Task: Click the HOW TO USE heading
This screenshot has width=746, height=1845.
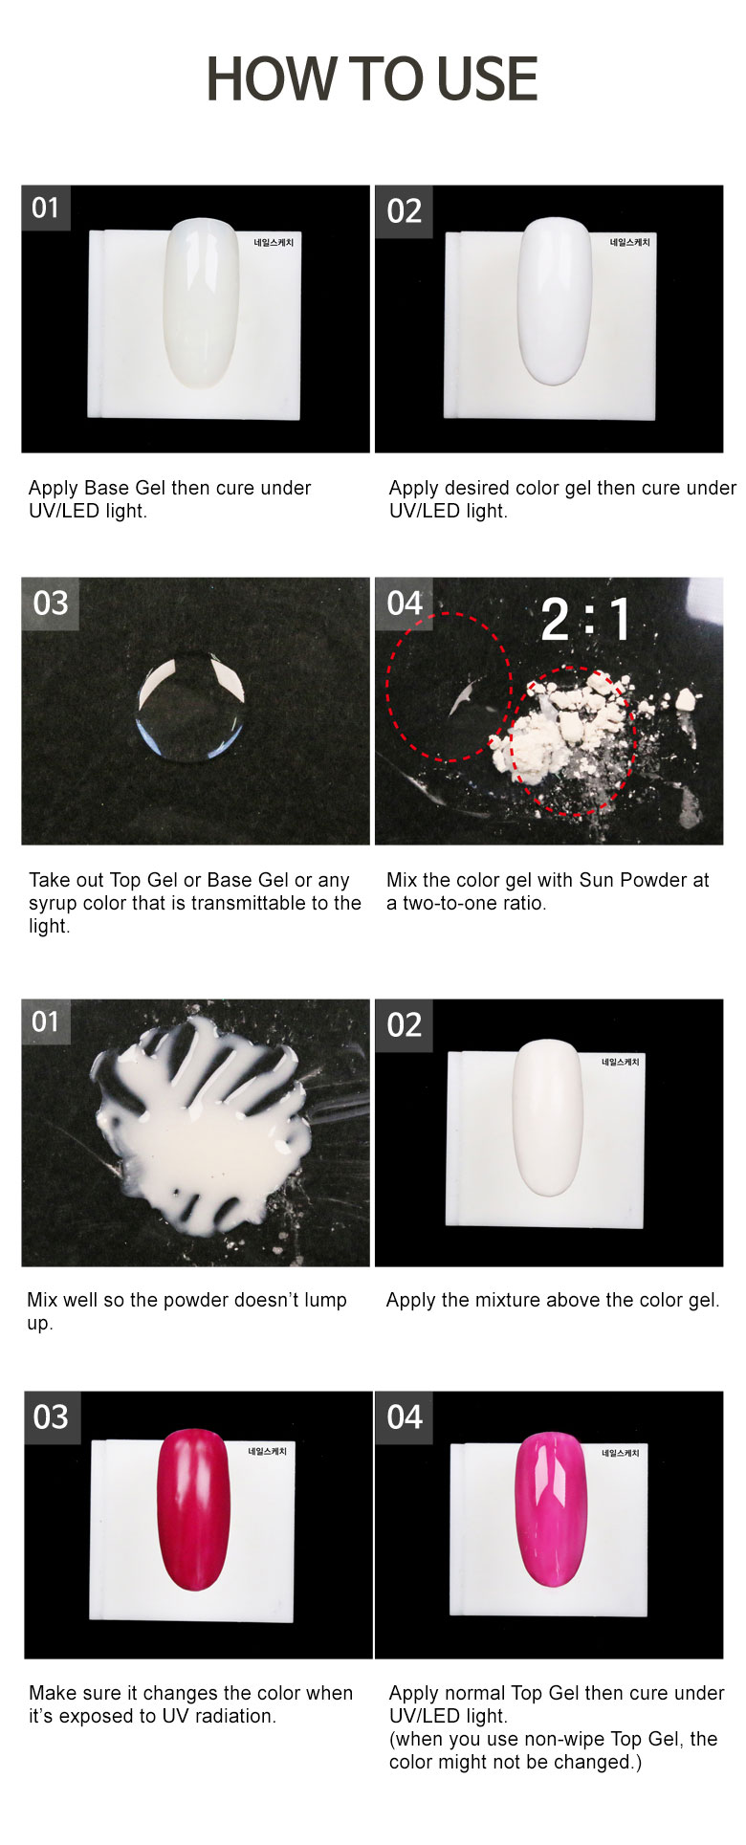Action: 372,79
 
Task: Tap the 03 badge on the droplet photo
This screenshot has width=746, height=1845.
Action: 51,604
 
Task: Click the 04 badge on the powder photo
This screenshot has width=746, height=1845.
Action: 405,604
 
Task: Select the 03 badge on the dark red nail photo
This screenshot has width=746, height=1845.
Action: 52,1417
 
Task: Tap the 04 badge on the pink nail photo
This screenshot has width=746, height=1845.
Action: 405,1417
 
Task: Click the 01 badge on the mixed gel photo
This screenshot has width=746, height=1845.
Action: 46,1022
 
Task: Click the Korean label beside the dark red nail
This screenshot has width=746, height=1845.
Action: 267,1451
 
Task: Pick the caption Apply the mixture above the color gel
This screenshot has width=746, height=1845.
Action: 553,1300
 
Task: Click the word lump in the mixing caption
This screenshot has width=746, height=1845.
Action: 326,1301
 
